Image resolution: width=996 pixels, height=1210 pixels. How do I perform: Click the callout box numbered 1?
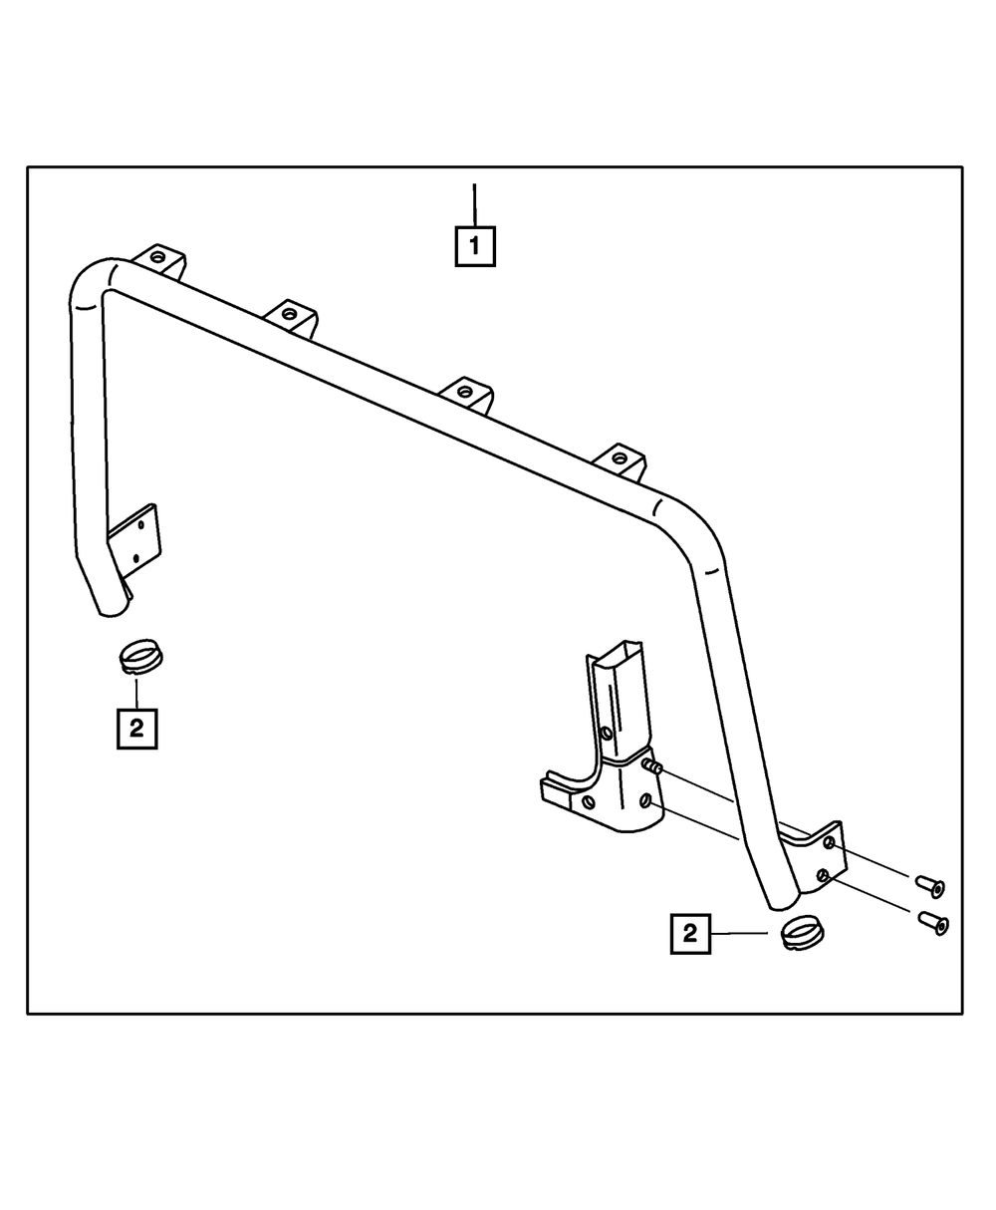[475, 245]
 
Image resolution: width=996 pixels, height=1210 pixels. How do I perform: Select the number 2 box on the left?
[136, 728]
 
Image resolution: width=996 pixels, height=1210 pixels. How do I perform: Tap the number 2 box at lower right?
[690, 934]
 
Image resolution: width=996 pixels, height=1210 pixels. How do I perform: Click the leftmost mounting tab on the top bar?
[159, 258]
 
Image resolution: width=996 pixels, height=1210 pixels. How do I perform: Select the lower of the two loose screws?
[933, 923]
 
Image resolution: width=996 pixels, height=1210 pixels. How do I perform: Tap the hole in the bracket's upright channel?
[607, 734]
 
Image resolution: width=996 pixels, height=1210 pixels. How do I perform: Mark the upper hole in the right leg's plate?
[829, 843]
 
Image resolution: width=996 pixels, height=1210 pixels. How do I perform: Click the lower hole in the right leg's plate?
[823, 875]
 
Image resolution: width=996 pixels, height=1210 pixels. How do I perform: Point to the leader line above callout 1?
[475, 204]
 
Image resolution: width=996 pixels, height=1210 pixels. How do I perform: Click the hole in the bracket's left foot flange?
[588, 800]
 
